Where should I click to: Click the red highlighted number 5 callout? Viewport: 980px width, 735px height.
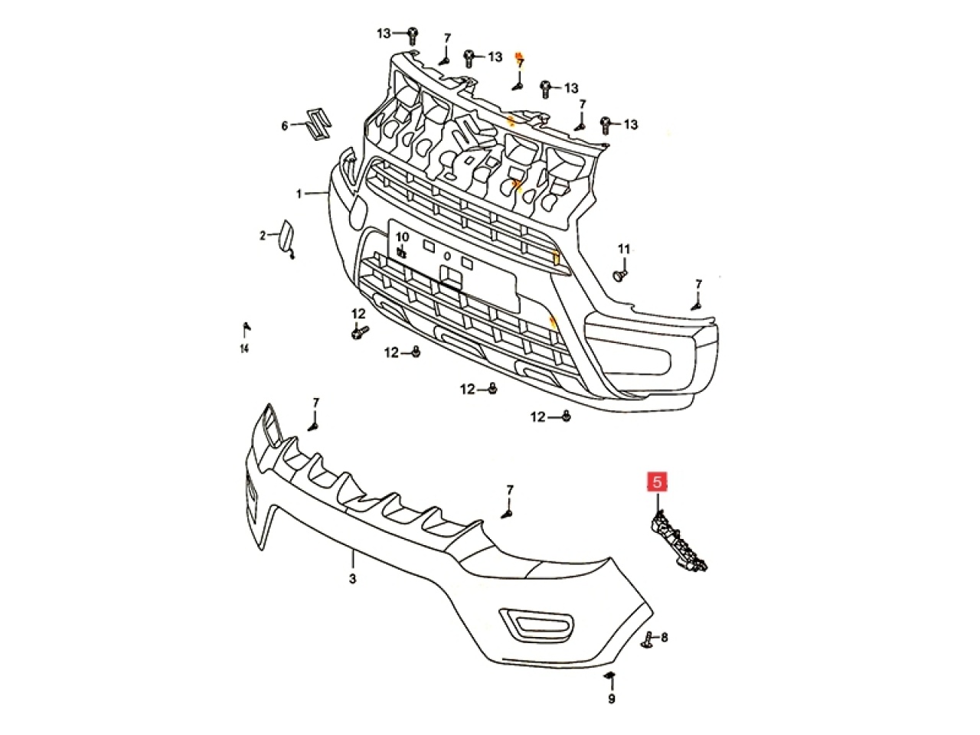pyautogui.click(x=658, y=482)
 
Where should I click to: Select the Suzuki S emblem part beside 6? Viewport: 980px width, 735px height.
pyautogui.click(x=316, y=124)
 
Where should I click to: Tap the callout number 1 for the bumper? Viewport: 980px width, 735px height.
pyautogui.click(x=300, y=194)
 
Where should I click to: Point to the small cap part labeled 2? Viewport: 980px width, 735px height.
pyautogui.click(x=284, y=236)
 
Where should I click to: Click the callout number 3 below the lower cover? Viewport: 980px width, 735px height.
pyautogui.click(x=352, y=580)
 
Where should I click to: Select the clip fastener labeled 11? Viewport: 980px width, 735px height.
pyautogui.click(x=622, y=273)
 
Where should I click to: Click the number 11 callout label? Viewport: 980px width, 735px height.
pyautogui.click(x=624, y=249)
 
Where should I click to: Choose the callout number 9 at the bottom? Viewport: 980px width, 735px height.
pyautogui.click(x=611, y=698)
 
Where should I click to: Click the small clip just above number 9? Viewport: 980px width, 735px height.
pyautogui.click(x=610, y=676)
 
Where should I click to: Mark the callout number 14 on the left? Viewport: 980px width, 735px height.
pyautogui.click(x=244, y=349)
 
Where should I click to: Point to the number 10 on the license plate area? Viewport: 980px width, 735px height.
pyautogui.click(x=402, y=237)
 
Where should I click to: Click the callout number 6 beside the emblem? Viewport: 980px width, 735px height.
pyautogui.click(x=284, y=126)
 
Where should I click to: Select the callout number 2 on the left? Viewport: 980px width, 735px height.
pyautogui.click(x=262, y=236)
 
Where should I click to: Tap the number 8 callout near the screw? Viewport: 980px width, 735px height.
pyautogui.click(x=664, y=637)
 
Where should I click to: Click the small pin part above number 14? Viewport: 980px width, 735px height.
pyautogui.click(x=246, y=328)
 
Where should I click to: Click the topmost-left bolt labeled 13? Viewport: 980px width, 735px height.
pyautogui.click(x=412, y=34)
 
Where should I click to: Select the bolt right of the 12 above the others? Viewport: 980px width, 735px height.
pyautogui.click(x=359, y=333)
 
